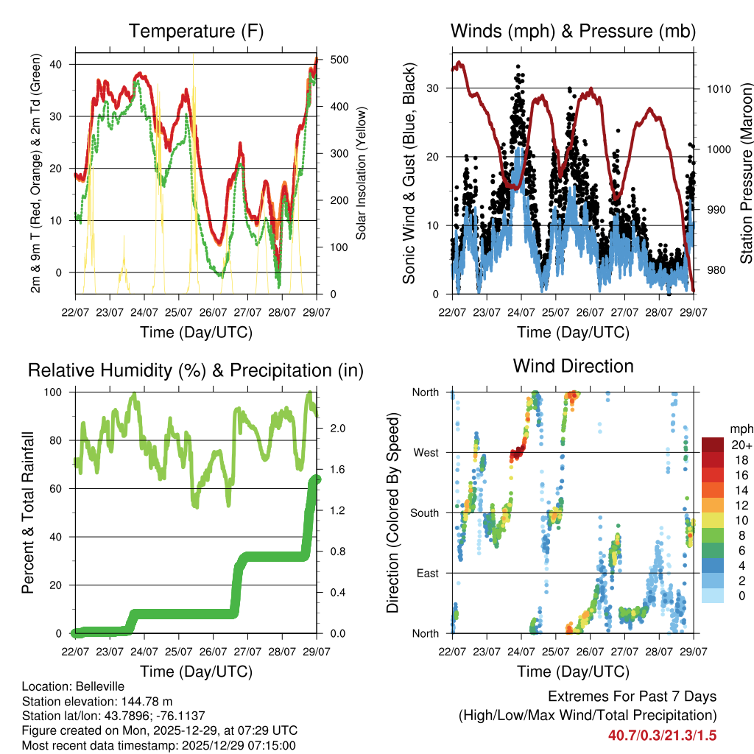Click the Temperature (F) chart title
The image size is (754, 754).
[x=196, y=31]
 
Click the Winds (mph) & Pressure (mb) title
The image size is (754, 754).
[x=573, y=31]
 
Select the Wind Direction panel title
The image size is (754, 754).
[x=573, y=366]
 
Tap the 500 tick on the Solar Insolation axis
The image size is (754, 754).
[x=340, y=60]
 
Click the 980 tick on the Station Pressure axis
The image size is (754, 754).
[x=714, y=269]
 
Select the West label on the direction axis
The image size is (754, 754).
[x=425, y=452]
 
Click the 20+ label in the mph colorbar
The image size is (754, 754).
[x=741, y=445]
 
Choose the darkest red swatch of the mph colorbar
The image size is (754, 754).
[x=712, y=445]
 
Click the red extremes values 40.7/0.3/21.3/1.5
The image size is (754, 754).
[x=662, y=735]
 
